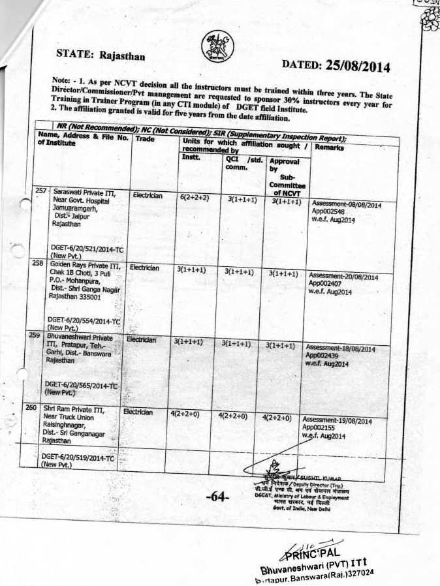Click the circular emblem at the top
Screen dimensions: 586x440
pos(217,46)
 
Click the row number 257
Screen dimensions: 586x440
pos(42,191)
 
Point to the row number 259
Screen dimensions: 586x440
pos(35,335)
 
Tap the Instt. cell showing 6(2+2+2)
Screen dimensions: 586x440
pos(194,196)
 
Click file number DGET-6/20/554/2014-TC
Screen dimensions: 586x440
pos(83,322)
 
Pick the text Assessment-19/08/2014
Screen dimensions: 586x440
pos(337,422)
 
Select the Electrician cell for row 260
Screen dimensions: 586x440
pos(138,412)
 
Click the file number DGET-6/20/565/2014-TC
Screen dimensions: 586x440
pos(81,386)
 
